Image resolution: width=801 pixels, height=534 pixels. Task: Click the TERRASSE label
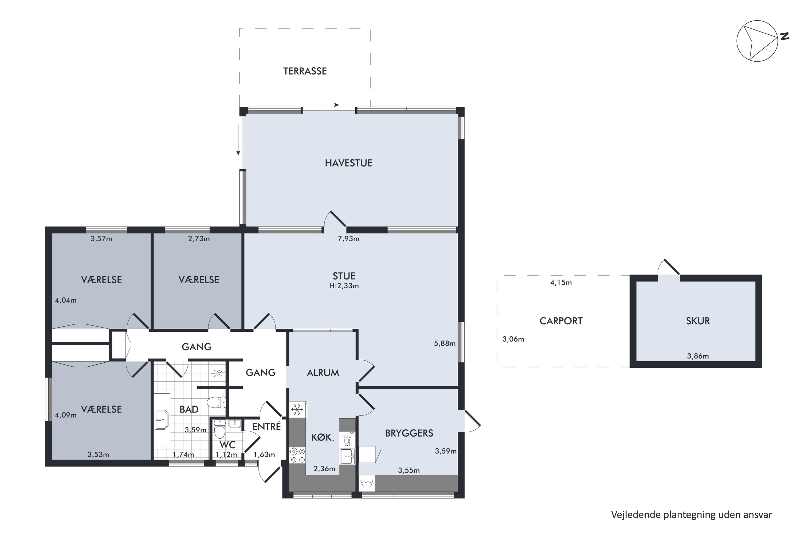305,71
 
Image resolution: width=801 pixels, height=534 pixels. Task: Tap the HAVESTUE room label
348,163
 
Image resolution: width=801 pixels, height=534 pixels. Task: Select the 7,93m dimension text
348,239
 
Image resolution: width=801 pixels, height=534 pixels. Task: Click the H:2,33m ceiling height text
344,286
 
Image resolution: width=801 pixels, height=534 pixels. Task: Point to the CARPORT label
561,321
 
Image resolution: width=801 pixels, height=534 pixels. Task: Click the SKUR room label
698,321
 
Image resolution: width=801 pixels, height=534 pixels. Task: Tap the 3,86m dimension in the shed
698,356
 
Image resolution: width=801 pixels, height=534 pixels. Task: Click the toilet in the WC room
220,429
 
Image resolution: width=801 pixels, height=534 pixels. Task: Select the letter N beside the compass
785,36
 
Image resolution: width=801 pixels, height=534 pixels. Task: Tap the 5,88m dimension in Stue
445,344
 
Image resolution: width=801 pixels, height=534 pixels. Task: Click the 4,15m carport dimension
561,283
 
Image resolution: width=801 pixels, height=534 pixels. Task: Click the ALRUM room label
323,373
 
